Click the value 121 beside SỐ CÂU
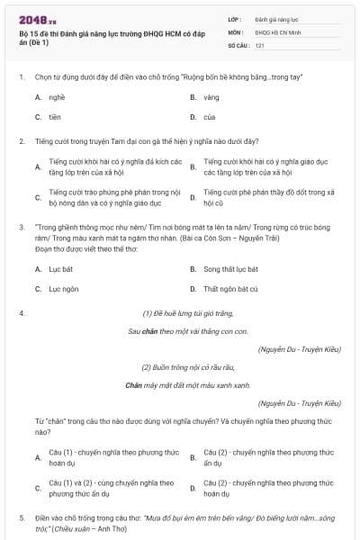tap(259, 44)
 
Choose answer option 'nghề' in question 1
tap(57, 97)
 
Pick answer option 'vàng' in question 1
tap(211, 97)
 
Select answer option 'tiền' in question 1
tap(55, 117)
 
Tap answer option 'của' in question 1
tap(209, 117)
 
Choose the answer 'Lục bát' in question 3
tap(59, 269)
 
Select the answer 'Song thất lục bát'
tap(230, 269)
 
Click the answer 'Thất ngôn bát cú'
tap(230, 289)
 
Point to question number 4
tap(21, 313)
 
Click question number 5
tap(21, 518)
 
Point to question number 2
tap(21, 141)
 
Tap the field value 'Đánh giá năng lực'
tap(276, 18)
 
